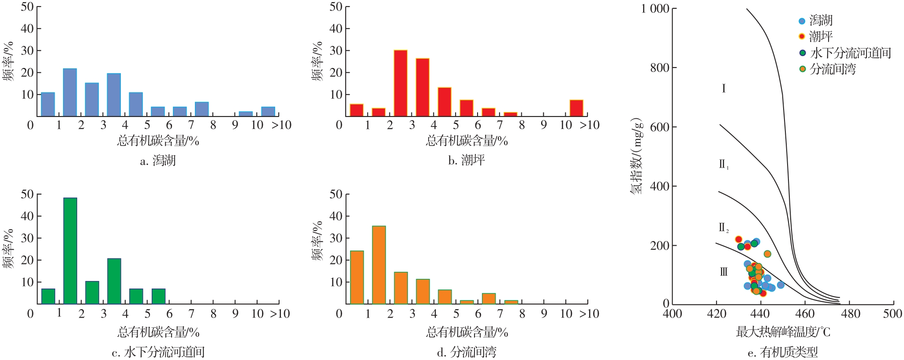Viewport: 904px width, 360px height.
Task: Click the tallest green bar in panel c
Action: [x=70, y=251]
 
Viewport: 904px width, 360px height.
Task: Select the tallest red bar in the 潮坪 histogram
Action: [x=400, y=83]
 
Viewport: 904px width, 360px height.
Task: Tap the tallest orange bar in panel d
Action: [x=379, y=265]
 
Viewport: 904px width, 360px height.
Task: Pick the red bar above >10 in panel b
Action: [x=576, y=108]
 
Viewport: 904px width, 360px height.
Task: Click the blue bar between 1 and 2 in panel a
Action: [x=70, y=92]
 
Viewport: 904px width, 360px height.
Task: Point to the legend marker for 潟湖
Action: [x=802, y=21]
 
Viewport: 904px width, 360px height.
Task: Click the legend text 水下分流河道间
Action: [x=851, y=53]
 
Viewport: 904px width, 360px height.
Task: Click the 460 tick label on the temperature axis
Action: [x=805, y=314]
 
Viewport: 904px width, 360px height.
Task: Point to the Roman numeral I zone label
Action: [x=724, y=89]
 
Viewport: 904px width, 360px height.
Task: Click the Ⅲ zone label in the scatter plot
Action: [x=724, y=272]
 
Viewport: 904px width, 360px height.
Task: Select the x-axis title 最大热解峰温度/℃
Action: [x=783, y=332]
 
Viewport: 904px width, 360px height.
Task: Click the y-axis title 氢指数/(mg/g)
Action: [x=636, y=157]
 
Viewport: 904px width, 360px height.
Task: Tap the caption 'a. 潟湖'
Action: [x=158, y=161]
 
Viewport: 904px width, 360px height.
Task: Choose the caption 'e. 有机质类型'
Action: [x=783, y=352]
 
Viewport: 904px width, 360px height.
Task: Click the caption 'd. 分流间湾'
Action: [x=467, y=352]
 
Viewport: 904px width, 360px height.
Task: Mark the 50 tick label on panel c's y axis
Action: [x=27, y=194]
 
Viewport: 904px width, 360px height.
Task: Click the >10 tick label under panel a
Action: [x=281, y=125]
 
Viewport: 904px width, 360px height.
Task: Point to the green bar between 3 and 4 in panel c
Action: [x=114, y=281]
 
